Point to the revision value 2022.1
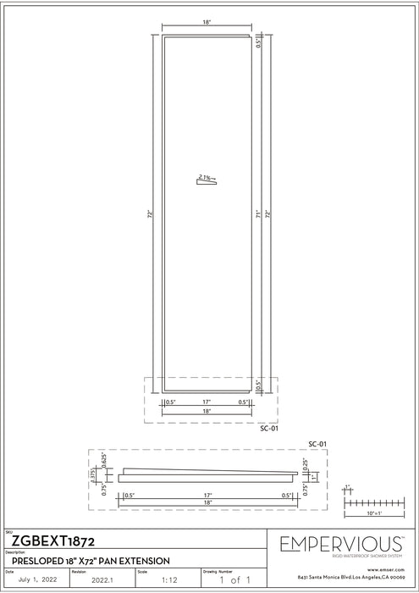pos(101,582)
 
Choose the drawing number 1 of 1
pos(231,582)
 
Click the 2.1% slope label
pos(204,176)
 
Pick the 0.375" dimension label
pos(106,475)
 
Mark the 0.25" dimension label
pos(306,463)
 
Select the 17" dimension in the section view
pos(205,495)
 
